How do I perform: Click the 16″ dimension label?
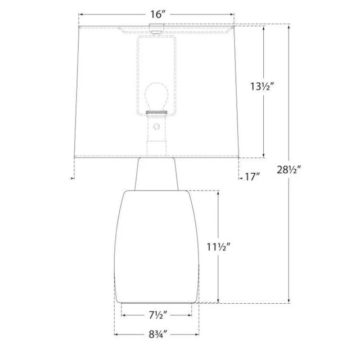(157, 15)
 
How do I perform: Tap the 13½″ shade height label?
(262, 87)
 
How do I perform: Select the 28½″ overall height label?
(289, 170)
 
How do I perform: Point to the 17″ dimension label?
(253, 177)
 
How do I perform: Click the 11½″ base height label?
(218, 247)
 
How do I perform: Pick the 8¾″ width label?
(157, 335)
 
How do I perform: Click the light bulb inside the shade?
(156, 97)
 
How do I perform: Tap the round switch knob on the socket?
(156, 127)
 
